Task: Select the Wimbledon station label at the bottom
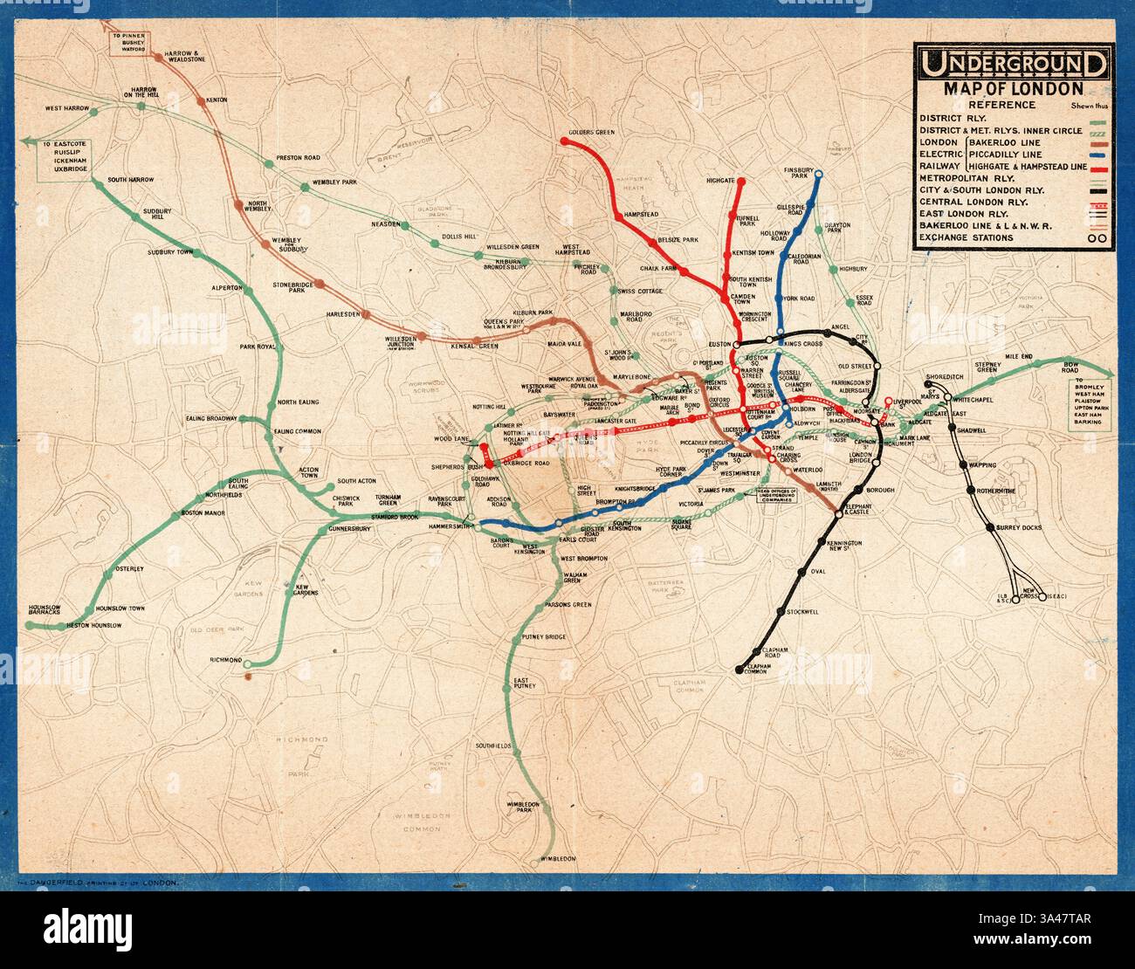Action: (x=558, y=860)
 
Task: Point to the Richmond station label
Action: (x=225, y=660)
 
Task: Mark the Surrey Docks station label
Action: (x=1019, y=527)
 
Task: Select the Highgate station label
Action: (x=720, y=180)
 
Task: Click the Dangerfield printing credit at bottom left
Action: (x=92, y=884)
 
